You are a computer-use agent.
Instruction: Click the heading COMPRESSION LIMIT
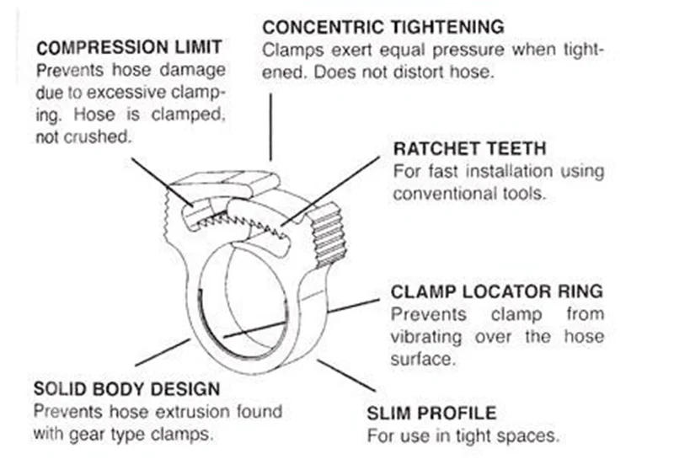tap(129, 46)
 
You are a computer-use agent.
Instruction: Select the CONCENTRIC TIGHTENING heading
tap(383, 27)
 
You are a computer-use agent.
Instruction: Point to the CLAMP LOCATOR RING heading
tap(497, 292)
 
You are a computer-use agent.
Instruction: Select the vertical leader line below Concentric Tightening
tap(270, 126)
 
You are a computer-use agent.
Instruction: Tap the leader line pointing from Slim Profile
tap(345, 376)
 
